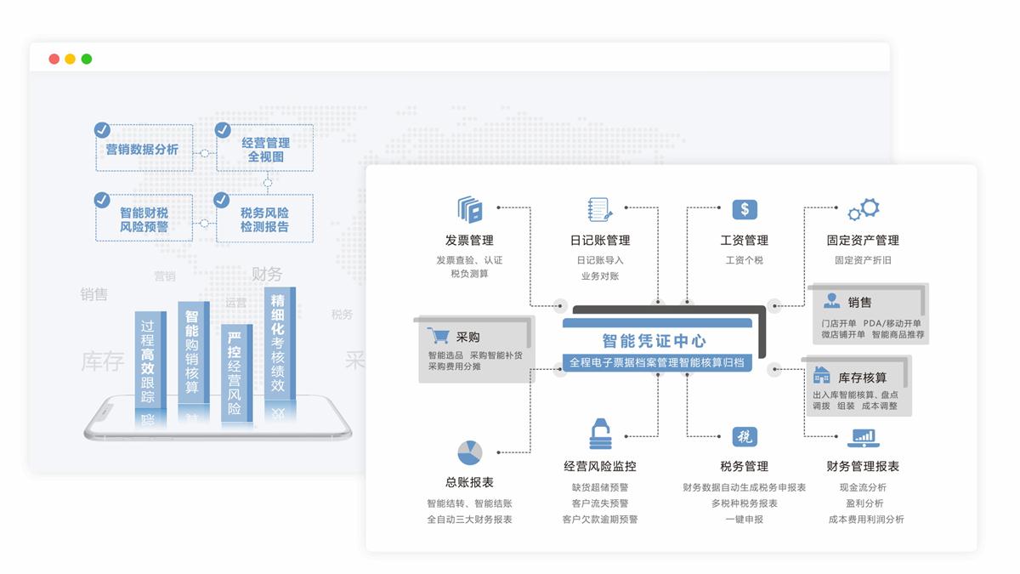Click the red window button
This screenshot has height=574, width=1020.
(x=54, y=59)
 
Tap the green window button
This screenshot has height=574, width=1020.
(x=87, y=59)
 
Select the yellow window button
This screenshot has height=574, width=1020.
(x=71, y=59)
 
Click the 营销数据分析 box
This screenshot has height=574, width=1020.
(x=143, y=149)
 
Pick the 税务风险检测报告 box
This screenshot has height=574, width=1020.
(x=264, y=219)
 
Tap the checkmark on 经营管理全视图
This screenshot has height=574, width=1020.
(x=223, y=130)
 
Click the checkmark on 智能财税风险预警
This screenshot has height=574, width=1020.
(x=102, y=200)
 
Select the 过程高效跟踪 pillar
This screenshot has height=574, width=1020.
(x=148, y=361)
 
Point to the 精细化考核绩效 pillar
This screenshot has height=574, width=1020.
(x=278, y=344)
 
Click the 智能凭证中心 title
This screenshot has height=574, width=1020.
(x=654, y=341)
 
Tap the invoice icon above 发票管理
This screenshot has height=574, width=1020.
(x=469, y=210)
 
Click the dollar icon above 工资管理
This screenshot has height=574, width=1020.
(x=745, y=209)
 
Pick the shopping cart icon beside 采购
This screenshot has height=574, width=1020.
(x=439, y=336)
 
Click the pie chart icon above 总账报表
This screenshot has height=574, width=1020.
(x=469, y=452)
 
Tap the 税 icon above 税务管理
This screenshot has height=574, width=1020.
(x=745, y=437)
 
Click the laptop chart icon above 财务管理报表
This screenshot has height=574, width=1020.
(x=863, y=438)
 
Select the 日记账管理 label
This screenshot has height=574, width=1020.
(x=600, y=241)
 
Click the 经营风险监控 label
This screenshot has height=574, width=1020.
(x=600, y=466)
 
